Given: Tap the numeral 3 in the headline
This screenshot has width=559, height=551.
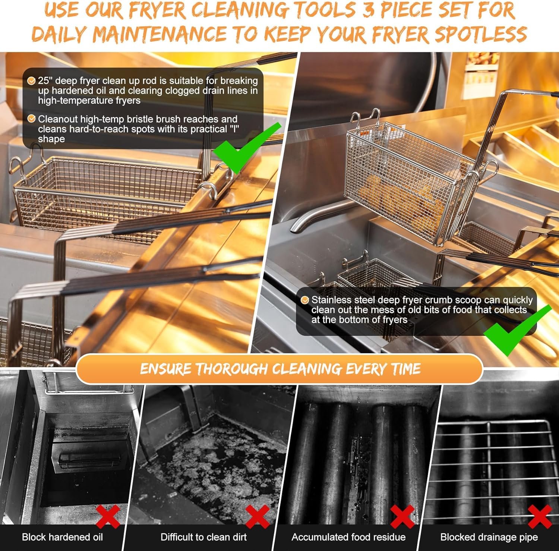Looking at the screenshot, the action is pyautogui.click(x=369, y=10).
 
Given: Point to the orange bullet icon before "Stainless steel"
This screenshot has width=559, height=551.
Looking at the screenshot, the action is pyautogui.click(x=305, y=300).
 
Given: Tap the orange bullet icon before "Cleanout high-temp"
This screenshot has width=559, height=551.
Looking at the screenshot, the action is pyautogui.click(x=32, y=119).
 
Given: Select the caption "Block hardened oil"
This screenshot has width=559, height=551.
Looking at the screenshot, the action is pyautogui.click(x=62, y=537).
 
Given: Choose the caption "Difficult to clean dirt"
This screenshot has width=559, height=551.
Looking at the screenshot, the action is pyautogui.click(x=203, y=537).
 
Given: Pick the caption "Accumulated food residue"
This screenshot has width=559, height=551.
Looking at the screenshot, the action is pyautogui.click(x=348, y=537).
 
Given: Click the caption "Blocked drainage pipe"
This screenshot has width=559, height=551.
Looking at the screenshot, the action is pyautogui.click(x=489, y=537).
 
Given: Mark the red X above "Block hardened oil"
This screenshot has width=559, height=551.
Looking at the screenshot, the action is pyautogui.click(x=108, y=516).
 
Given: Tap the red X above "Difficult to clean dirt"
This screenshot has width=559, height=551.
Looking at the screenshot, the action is pyautogui.click(x=258, y=516).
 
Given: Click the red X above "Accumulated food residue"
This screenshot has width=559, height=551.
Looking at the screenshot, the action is pyautogui.click(x=402, y=516).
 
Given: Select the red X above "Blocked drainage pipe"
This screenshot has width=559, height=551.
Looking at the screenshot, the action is pyautogui.click(x=540, y=516).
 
